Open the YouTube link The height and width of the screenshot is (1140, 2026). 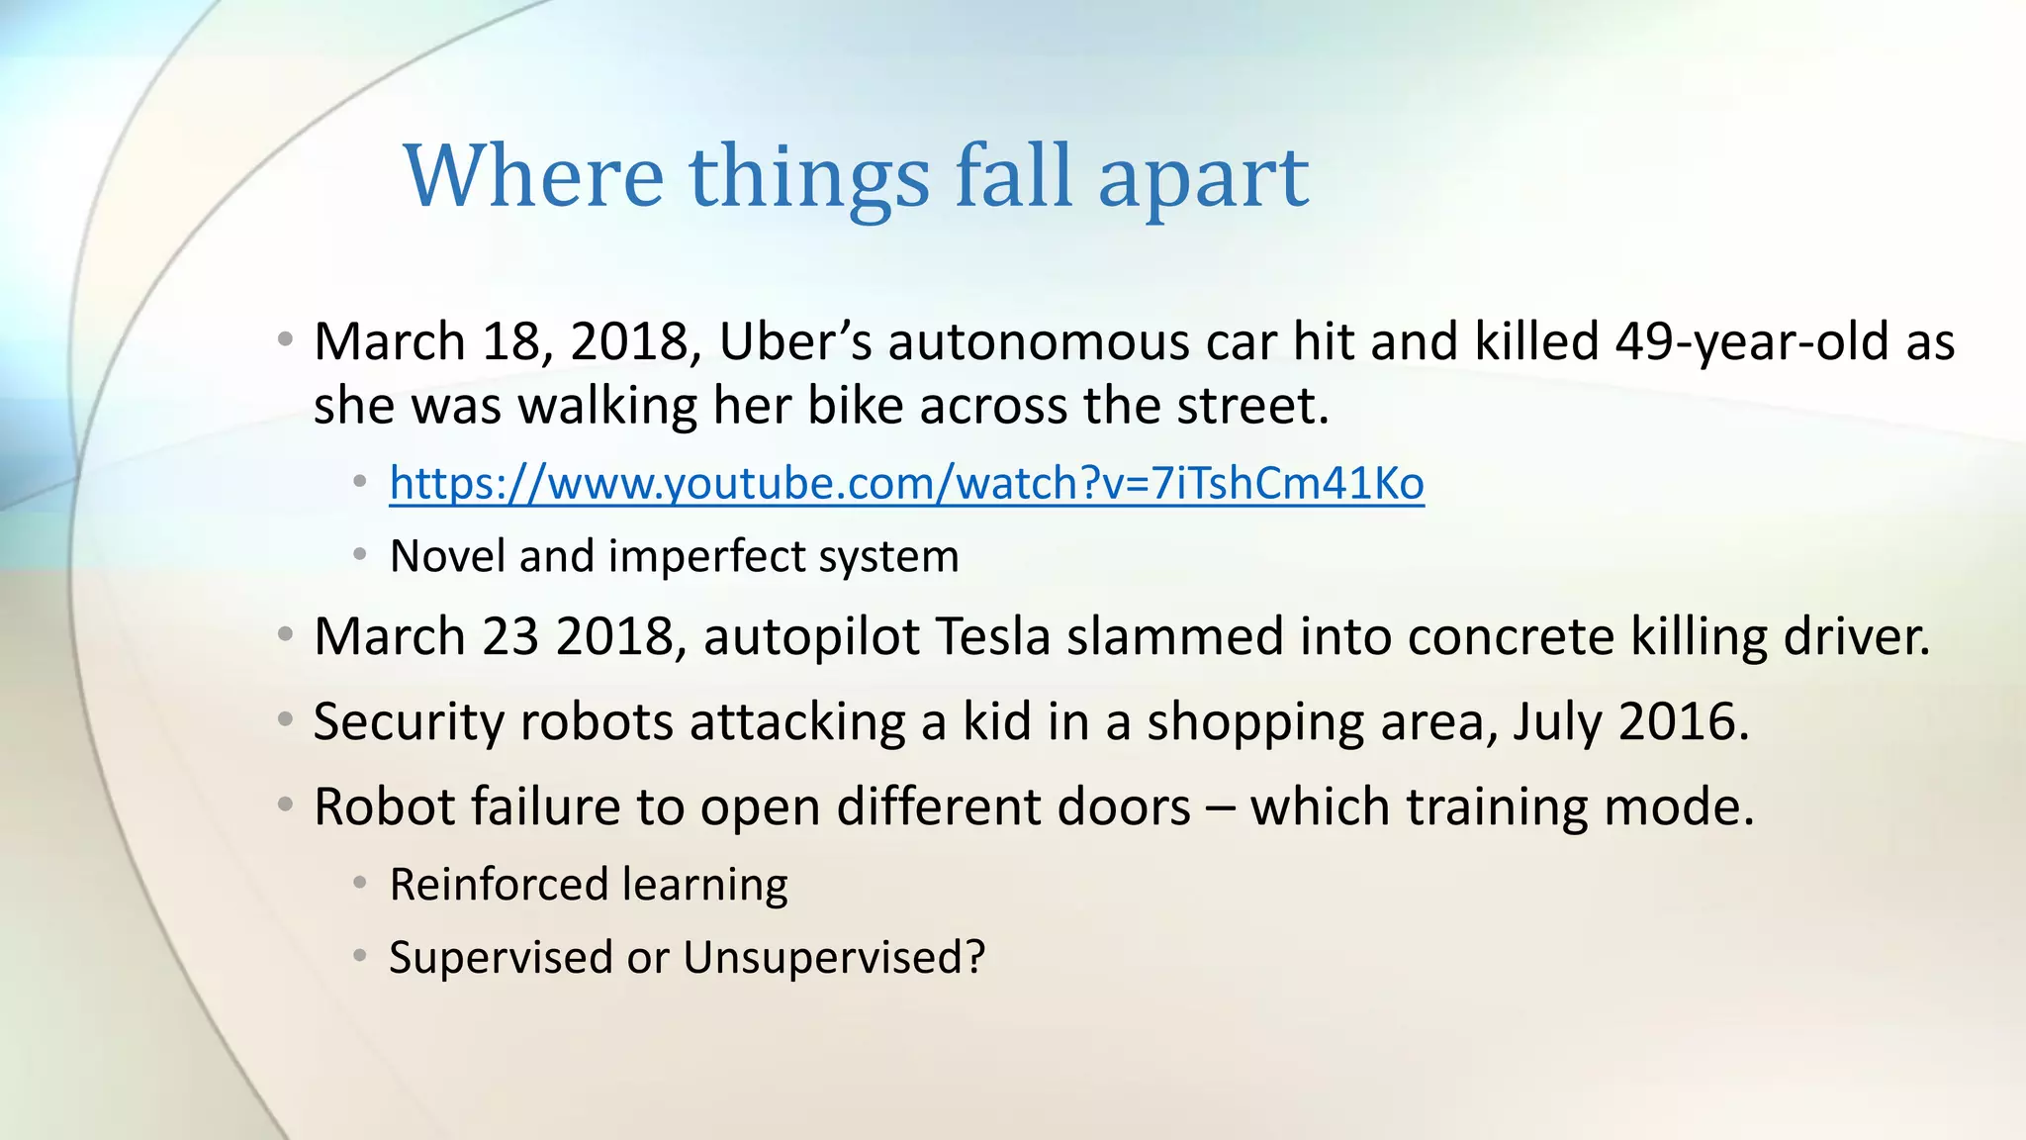[906, 484]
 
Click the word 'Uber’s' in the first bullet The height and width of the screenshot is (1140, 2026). [794, 342]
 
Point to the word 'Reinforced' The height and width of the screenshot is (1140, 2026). [498, 885]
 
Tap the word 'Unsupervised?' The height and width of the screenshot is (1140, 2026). [834, 958]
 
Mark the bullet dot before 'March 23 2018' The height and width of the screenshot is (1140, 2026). [285, 635]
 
